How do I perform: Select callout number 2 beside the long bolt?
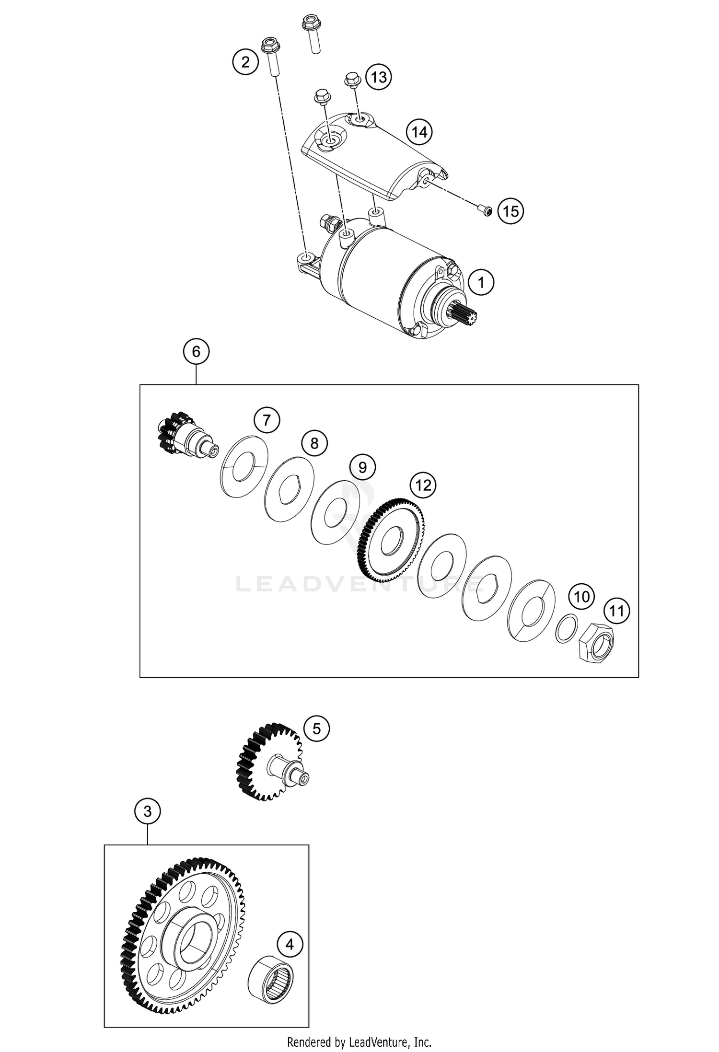coord(245,62)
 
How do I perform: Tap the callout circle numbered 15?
coord(510,211)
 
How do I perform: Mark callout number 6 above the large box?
coord(196,352)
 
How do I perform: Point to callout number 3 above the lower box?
coord(147,811)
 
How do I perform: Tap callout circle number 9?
coord(362,467)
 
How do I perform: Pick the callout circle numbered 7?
coord(267,420)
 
